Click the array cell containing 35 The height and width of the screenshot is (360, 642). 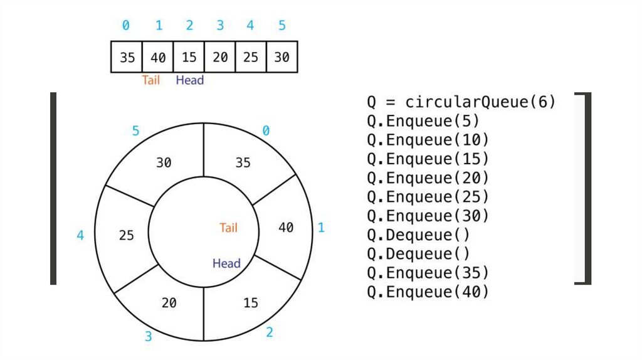[x=127, y=57]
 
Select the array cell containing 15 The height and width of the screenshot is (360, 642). [x=189, y=57]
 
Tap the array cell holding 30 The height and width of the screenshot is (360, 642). [x=282, y=57]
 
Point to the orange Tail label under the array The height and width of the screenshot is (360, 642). [x=151, y=80]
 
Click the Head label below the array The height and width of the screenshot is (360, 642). [x=189, y=80]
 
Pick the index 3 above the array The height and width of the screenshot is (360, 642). [x=220, y=26]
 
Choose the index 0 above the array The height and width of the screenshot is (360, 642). [x=126, y=26]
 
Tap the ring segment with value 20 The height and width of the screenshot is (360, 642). [x=169, y=303]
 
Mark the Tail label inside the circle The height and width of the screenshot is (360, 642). [x=228, y=228]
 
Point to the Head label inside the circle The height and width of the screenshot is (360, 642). [x=226, y=263]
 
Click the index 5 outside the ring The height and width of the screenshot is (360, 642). [x=135, y=131]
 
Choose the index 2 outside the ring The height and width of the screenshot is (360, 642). [x=270, y=332]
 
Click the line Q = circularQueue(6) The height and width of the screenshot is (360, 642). [x=461, y=102]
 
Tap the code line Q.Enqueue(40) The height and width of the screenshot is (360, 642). [x=428, y=292]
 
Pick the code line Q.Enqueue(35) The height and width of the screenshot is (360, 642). [x=428, y=273]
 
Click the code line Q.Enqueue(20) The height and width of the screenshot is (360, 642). [x=428, y=178]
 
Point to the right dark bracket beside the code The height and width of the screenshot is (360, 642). [x=586, y=188]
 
